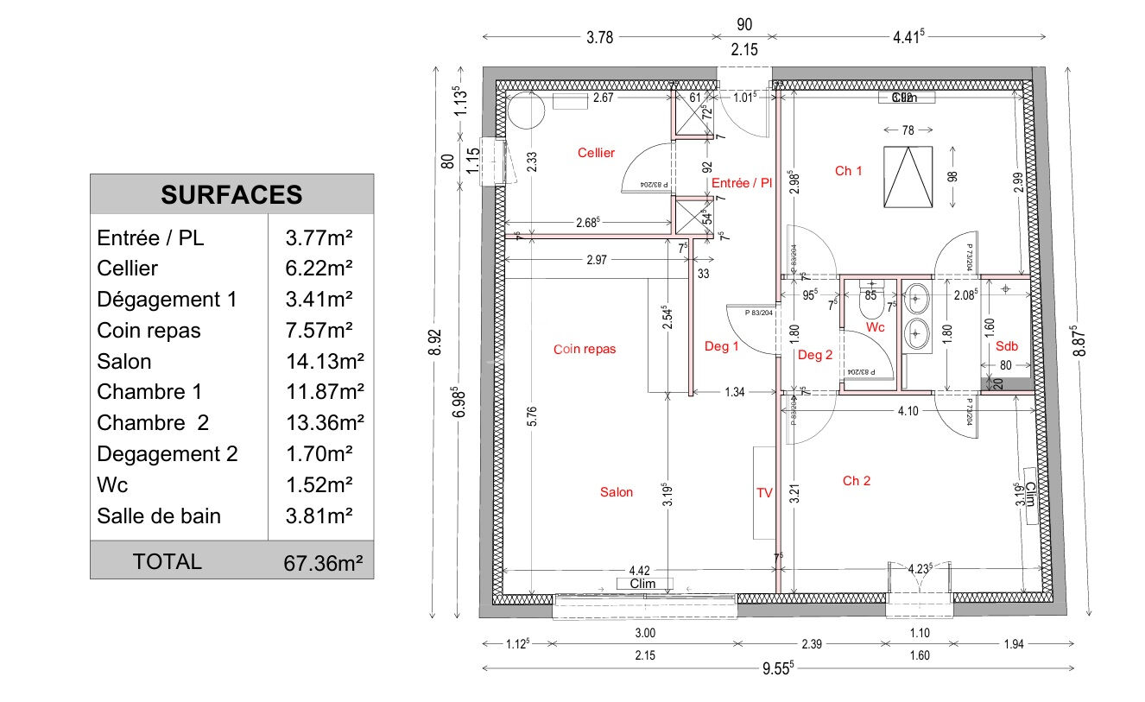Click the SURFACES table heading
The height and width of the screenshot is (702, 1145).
click(x=231, y=194)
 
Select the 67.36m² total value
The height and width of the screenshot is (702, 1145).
click(x=323, y=564)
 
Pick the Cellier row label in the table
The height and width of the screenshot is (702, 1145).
click(x=127, y=269)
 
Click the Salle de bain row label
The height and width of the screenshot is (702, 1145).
click(x=159, y=515)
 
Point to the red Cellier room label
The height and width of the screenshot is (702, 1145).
click(x=596, y=153)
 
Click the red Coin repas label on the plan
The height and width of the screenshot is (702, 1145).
click(x=585, y=350)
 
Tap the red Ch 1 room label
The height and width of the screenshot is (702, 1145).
click(x=848, y=171)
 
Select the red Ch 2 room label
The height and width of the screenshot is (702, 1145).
click(x=856, y=481)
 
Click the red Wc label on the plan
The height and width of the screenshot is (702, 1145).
click(x=875, y=327)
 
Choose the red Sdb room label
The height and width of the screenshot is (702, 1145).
click(x=1007, y=346)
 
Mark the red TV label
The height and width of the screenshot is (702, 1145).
click(x=764, y=493)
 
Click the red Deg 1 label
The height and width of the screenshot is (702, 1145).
click(x=721, y=347)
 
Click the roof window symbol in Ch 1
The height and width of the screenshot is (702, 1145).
click(x=908, y=176)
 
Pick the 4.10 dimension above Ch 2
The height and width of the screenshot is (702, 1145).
click(x=908, y=411)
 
